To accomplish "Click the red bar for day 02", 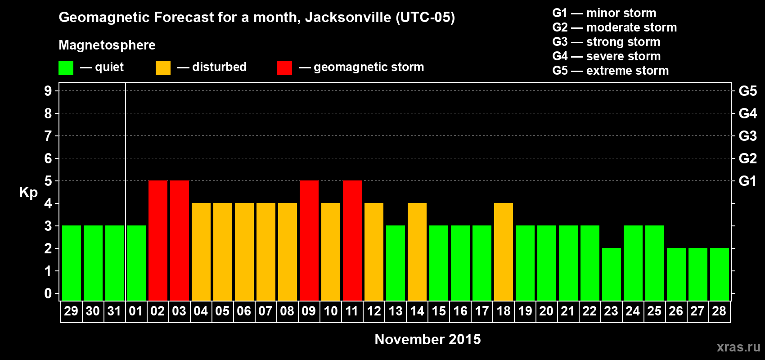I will (158, 240).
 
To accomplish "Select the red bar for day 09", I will (309, 240).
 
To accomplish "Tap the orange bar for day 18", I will (504, 252).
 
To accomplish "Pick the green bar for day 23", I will (612, 274).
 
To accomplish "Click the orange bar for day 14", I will (417, 252).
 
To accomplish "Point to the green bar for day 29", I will (72, 263).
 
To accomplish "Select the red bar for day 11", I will (352, 240).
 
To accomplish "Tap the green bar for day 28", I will (720, 274).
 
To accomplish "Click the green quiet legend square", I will (66, 68).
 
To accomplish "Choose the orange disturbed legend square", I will (163, 68).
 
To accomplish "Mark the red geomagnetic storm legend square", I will (284, 68).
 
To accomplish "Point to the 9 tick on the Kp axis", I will (48, 91).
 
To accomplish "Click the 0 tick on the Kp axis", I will (48, 293).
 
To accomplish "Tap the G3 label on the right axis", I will (747, 136).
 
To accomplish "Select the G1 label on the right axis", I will (747, 181).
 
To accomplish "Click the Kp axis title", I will (28, 193).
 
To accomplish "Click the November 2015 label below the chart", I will (427, 339).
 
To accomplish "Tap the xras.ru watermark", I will (738, 347).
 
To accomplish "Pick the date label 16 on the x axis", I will (460, 311).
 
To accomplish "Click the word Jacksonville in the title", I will (348, 18).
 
